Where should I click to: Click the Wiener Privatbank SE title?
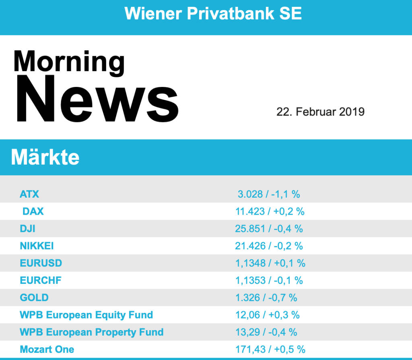213,14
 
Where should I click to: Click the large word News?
97,99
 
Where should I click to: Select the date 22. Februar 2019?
320,112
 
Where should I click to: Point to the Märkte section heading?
45,157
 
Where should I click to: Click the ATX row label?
29,194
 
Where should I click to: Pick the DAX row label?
33,211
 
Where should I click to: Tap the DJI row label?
27,229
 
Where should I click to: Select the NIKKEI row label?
37,246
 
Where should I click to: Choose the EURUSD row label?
41,263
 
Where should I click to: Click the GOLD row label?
34,298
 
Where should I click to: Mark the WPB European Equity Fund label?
86,315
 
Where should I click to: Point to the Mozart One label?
47,349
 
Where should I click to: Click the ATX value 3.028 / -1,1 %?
269,194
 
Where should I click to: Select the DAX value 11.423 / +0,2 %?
270,211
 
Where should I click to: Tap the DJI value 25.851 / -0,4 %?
269,229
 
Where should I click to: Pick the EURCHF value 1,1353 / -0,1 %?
269,280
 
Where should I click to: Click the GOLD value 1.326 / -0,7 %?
266,298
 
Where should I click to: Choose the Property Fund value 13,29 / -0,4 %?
266,332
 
